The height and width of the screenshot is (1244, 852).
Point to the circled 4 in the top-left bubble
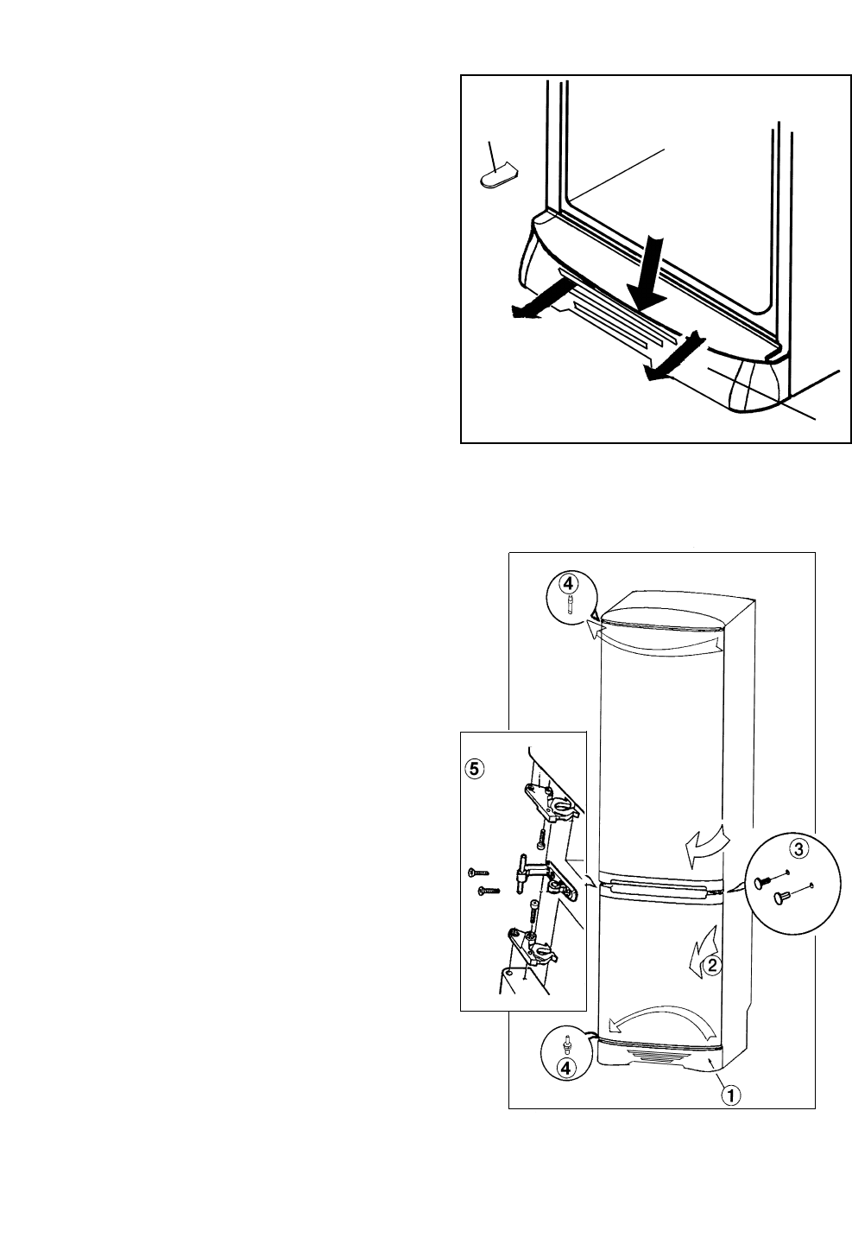(x=567, y=584)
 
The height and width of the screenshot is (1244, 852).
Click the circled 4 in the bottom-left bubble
(x=566, y=1069)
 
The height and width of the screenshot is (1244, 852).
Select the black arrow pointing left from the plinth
(x=535, y=308)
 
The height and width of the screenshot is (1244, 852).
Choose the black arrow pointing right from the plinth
(x=674, y=358)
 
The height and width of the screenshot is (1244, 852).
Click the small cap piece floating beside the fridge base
(x=496, y=175)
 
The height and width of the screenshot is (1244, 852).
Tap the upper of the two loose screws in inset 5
(x=476, y=873)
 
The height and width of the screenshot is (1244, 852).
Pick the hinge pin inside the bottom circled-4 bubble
(x=566, y=1044)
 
